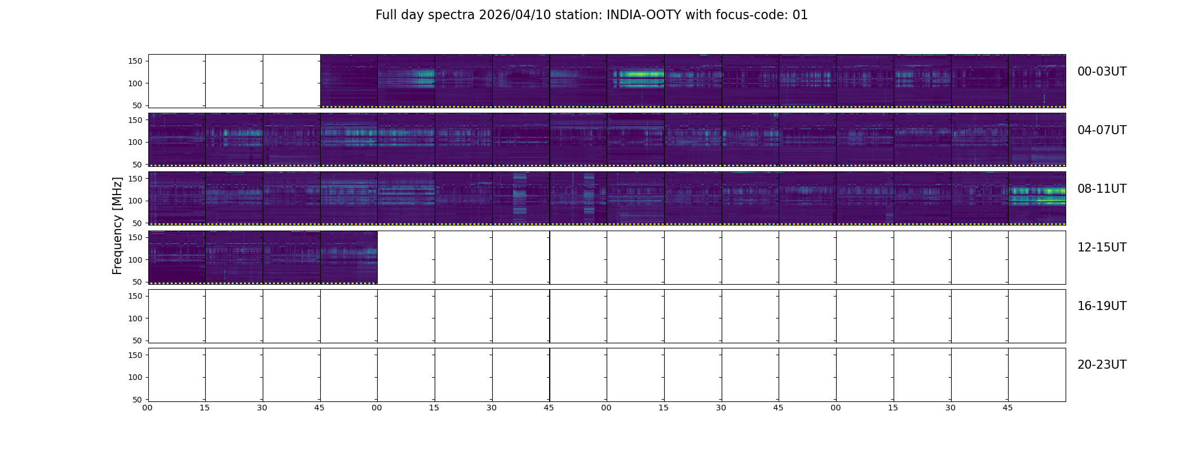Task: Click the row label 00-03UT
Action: point(1102,72)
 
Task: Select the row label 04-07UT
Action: point(1102,130)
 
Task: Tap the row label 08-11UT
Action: point(1102,189)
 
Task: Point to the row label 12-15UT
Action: point(1102,247)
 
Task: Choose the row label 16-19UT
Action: point(1102,306)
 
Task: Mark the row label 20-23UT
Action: point(1102,365)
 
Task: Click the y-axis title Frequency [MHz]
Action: point(117,225)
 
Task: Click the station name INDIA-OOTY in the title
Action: point(643,15)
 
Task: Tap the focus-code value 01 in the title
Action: point(800,15)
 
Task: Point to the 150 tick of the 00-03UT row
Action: point(135,61)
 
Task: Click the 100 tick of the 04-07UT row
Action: point(135,142)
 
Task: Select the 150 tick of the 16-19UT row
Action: point(135,296)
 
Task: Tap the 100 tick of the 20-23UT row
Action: point(135,377)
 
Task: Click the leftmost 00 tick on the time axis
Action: point(147,408)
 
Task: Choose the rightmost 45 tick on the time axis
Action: point(1008,408)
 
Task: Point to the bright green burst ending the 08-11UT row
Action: point(1037,192)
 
